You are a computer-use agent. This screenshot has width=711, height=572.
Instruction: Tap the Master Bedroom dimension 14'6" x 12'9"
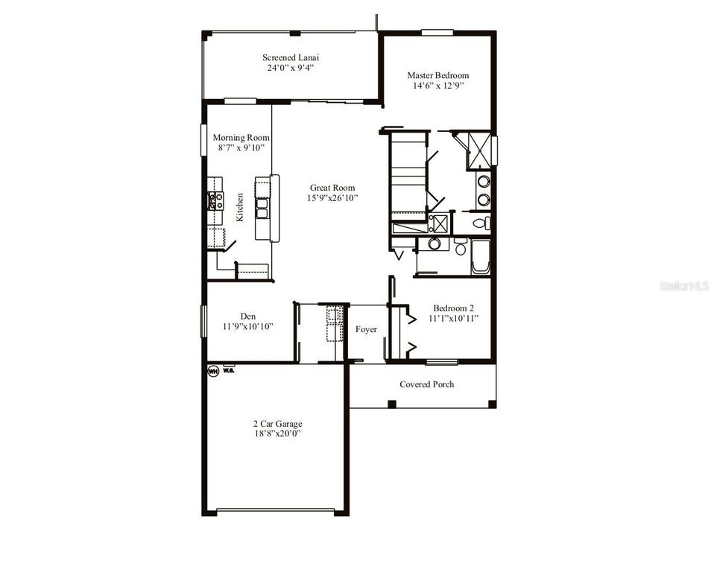[x=437, y=86]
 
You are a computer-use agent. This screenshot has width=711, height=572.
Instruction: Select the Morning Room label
[x=241, y=138]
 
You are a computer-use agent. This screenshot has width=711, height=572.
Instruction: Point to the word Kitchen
[x=240, y=207]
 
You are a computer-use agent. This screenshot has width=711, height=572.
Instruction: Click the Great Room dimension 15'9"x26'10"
[x=332, y=198]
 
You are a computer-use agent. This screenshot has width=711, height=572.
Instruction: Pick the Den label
[x=248, y=315]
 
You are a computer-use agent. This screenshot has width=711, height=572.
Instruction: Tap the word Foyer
[x=366, y=329]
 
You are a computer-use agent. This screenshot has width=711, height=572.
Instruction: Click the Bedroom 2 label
[x=454, y=308]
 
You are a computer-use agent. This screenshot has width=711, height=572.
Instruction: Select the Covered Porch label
[x=426, y=384]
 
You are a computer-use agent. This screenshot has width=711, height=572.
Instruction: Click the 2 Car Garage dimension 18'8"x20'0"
[x=276, y=433]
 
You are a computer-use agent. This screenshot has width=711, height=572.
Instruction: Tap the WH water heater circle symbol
[x=213, y=370]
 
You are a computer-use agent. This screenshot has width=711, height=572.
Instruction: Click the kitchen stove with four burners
[x=216, y=200]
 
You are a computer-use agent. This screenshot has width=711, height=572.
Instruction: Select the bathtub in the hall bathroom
[x=480, y=256]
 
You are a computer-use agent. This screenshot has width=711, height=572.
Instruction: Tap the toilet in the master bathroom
[x=482, y=223]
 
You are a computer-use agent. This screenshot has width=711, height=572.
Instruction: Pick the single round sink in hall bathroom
[x=434, y=244]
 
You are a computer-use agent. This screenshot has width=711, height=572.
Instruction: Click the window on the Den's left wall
[x=203, y=320]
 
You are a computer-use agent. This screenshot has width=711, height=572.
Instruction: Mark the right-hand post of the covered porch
[x=491, y=404]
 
